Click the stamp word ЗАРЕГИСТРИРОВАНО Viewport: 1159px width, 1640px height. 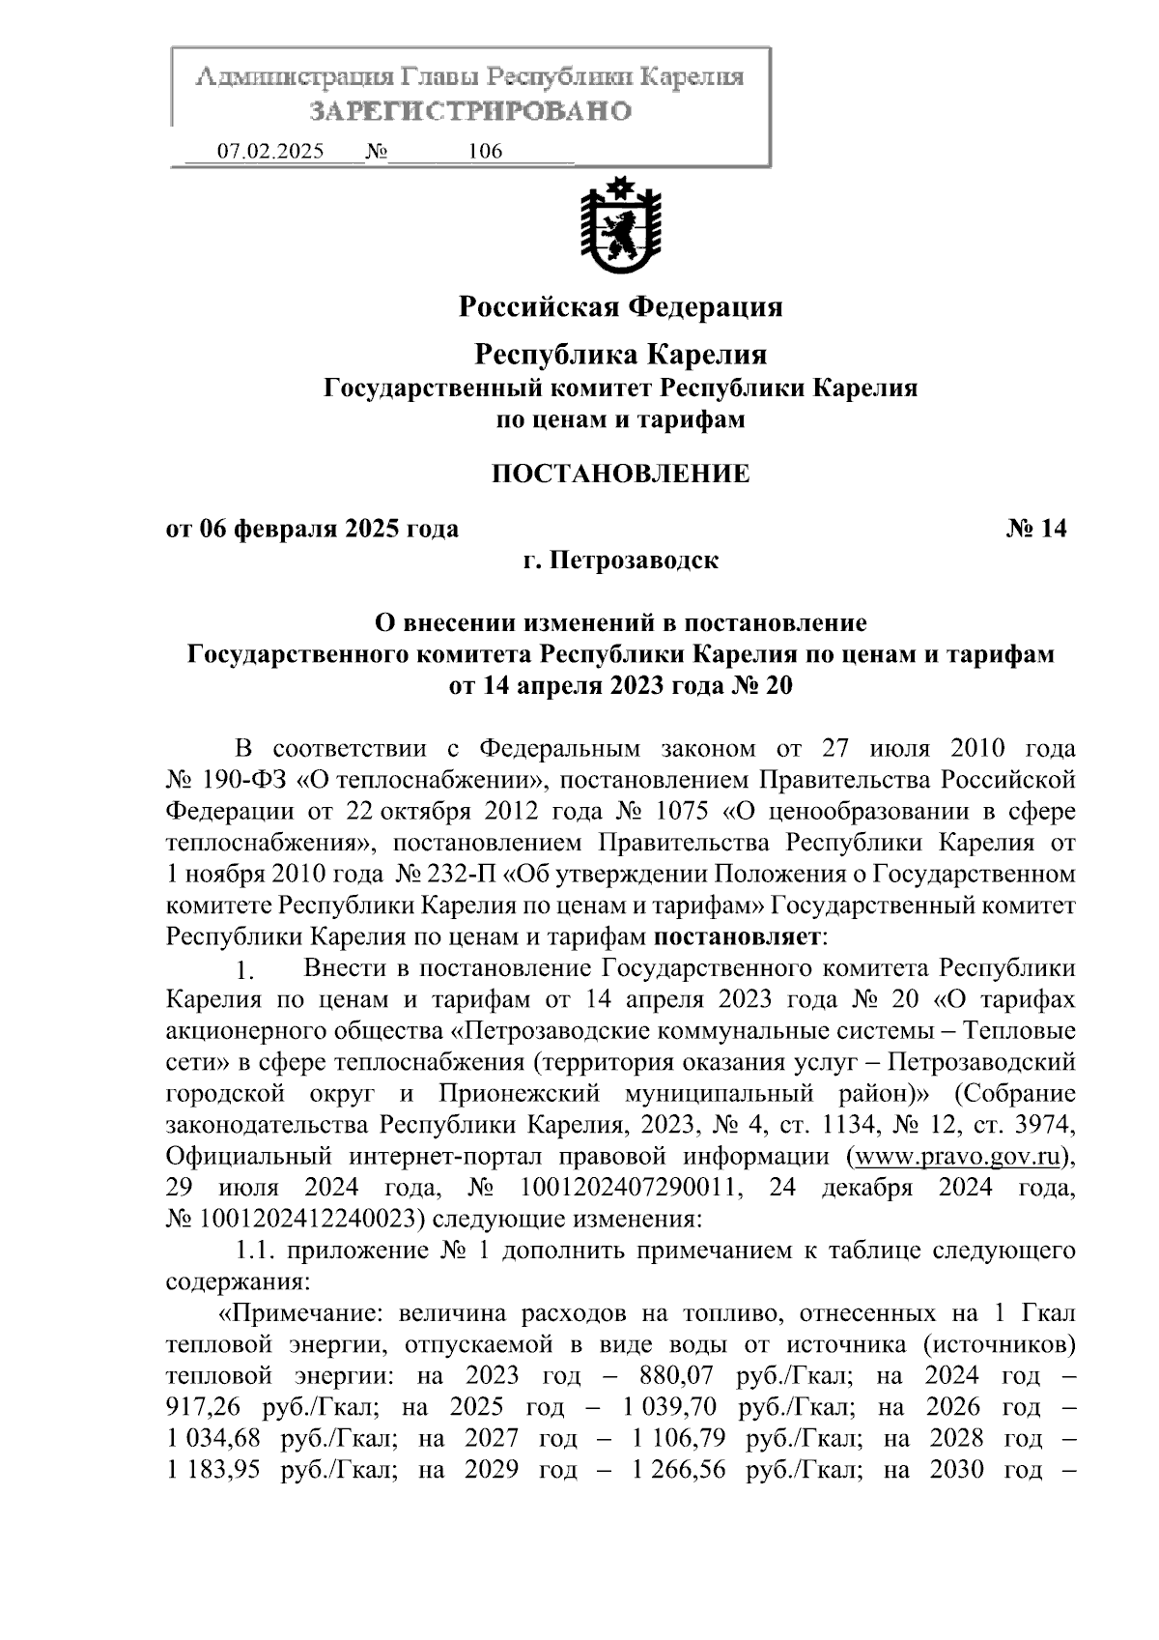(470, 112)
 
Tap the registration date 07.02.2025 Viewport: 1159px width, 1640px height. (270, 152)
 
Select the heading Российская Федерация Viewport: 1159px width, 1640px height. (620, 307)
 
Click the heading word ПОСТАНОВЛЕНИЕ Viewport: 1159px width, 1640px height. (620, 474)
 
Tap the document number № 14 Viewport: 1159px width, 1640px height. (1036, 529)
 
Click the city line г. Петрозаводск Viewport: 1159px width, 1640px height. (620, 561)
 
